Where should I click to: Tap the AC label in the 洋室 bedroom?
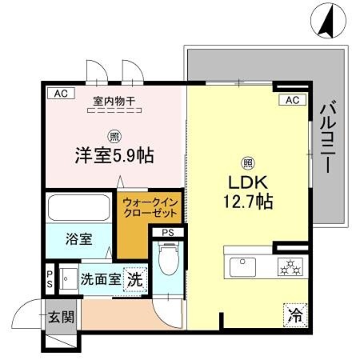coord(59,94)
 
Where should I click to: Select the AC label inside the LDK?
coord(292,100)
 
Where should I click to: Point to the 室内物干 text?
coord(114,100)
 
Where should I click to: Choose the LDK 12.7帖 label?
coord(249,193)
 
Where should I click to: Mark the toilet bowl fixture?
coord(168,261)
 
